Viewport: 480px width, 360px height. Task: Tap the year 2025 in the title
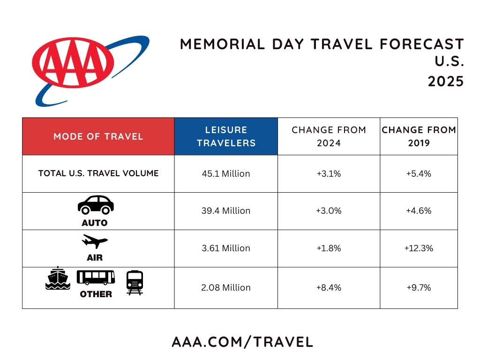445,81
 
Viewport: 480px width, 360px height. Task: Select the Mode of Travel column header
98,136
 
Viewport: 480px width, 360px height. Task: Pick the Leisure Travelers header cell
226,136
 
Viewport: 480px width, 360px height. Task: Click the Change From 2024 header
329,136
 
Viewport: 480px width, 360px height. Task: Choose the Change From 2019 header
419,136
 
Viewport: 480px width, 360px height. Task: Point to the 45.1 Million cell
226,174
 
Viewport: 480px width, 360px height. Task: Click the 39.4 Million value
226,211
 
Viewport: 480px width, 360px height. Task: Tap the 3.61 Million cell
226,248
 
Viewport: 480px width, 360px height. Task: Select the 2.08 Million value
226,287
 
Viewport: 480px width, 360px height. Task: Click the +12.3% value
419,248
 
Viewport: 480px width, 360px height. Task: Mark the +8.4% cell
329,287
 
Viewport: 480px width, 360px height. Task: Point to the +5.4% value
419,174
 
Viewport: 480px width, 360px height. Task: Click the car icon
96,205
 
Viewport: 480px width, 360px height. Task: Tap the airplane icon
95,242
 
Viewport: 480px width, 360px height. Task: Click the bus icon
96,277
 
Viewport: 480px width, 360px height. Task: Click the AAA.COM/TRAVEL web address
242,342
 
